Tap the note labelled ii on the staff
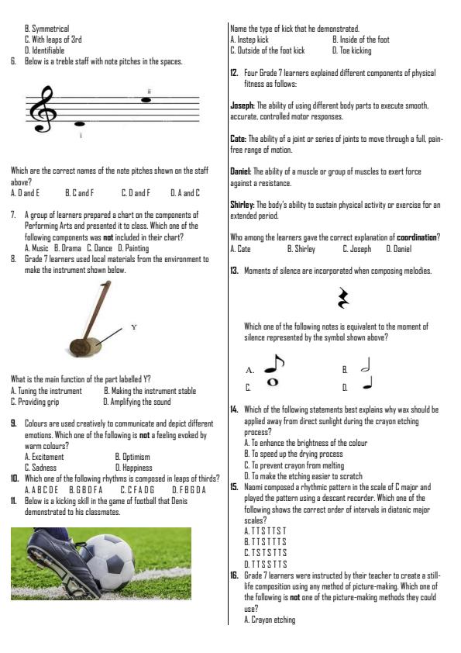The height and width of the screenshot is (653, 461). click(146, 99)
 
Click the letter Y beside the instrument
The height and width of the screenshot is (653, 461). click(133, 327)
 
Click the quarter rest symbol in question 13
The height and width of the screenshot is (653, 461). click(344, 299)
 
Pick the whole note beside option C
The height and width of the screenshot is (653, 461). click(274, 382)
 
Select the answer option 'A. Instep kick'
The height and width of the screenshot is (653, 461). click(249, 39)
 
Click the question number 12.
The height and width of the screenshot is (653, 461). click(234, 72)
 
